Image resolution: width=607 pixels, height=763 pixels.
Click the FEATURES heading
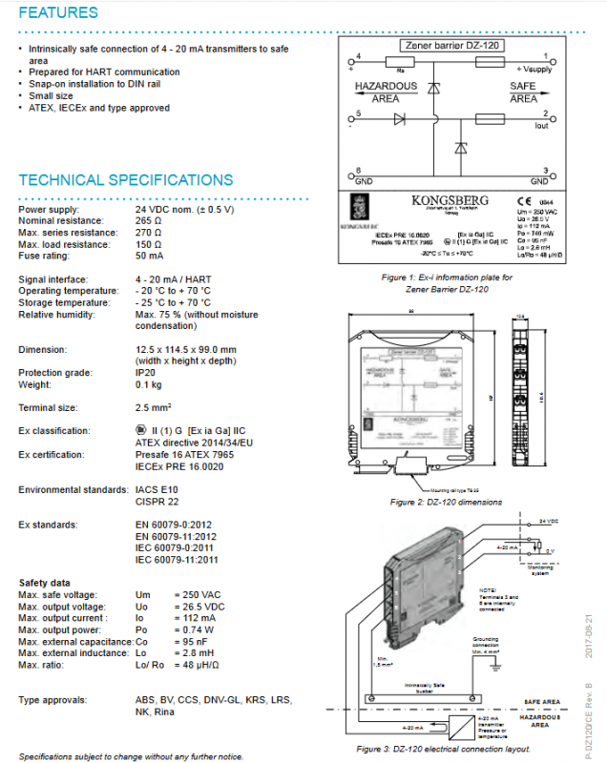coord(58,13)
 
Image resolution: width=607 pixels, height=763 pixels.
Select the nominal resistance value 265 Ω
coord(149,219)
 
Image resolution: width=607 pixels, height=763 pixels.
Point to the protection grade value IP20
coord(145,374)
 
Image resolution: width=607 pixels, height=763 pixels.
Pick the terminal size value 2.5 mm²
coord(154,408)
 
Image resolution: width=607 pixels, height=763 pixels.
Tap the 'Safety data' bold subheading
coord(44,583)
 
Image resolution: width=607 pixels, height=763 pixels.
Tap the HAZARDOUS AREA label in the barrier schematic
coord(387,92)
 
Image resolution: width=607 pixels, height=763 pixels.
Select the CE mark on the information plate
coord(524,201)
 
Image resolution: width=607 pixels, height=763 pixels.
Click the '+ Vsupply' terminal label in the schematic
coord(534,70)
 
